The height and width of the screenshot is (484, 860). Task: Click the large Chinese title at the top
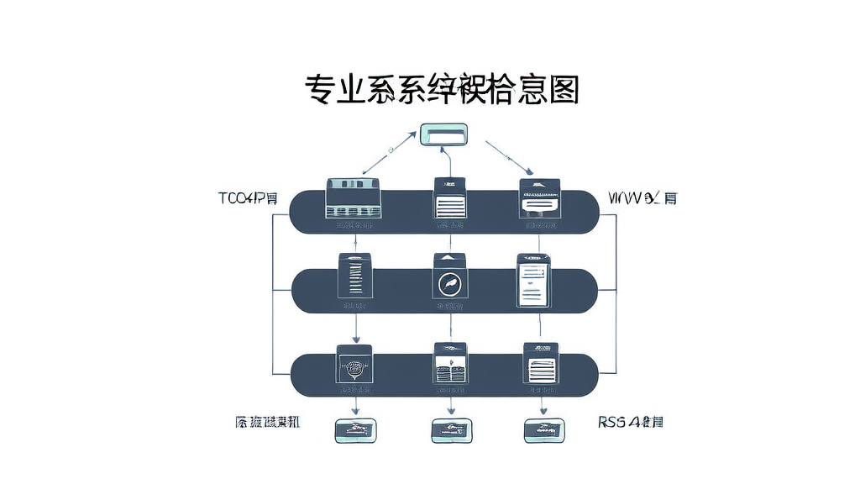point(442,89)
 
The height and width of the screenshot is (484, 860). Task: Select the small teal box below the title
point(443,134)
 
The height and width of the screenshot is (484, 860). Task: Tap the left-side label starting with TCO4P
point(248,199)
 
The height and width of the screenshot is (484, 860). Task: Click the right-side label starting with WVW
point(643,199)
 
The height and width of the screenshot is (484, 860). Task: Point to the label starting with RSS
point(631,422)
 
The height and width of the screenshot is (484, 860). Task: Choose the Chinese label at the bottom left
point(268,422)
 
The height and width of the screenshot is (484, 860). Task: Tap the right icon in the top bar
point(539,199)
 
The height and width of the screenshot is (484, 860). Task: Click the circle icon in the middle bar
point(449,283)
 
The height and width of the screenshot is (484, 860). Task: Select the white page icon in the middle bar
point(532,281)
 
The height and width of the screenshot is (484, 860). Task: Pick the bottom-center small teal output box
point(450,430)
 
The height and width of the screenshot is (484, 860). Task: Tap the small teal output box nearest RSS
point(543,430)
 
